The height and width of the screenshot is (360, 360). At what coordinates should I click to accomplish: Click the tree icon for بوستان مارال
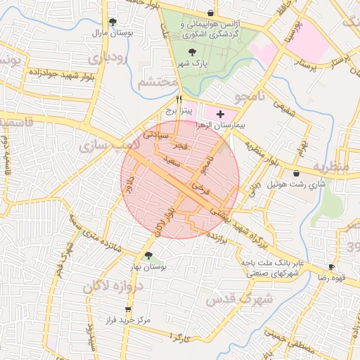pos(113,22)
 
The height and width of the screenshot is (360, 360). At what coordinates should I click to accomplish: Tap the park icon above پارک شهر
pos(193,51)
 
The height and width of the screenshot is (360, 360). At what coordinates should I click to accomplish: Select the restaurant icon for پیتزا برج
pos(179,99)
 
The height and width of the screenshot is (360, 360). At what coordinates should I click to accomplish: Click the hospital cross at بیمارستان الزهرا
pos(221,113)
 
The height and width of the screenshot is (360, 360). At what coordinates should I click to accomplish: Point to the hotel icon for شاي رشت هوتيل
pos(295,173)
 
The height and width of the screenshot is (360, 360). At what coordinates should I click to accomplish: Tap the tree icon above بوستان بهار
pos(148,255)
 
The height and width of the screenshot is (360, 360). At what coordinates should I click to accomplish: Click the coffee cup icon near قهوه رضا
pos(331,267)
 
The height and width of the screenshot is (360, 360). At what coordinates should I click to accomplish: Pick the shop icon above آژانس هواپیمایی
pos(211,13)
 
